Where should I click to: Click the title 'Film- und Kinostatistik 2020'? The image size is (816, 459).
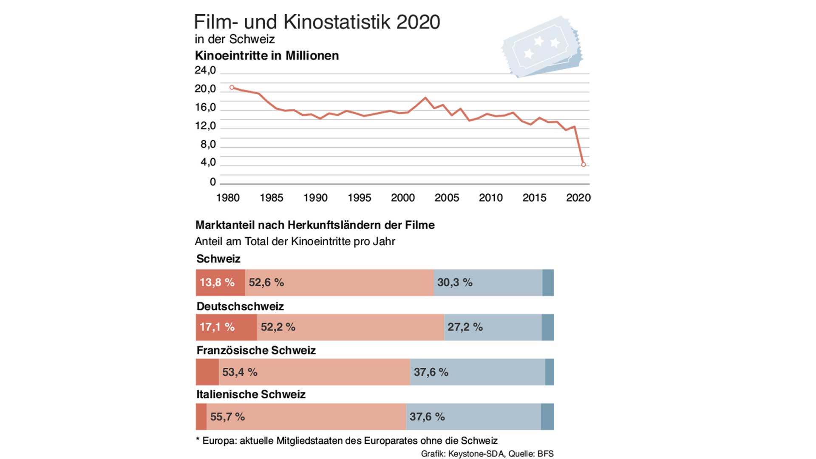coord(317,22)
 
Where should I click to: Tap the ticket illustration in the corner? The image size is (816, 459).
coord(542,47)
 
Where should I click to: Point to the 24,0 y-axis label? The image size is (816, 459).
coord(205,70)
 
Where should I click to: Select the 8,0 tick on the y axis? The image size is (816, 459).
coord(208,144)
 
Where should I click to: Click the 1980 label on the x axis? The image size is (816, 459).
coord(228,198)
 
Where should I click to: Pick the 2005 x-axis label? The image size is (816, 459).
coord(447,198)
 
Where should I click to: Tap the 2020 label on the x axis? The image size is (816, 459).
coord(578,198)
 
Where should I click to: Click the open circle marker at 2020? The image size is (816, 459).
coord(583,164)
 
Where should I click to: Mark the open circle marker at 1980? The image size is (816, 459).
coord(232,88)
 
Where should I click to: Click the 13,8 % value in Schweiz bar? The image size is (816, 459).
coord(217,283)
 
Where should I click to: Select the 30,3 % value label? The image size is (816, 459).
coord(455,283)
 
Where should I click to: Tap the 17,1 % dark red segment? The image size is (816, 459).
coord(226,327)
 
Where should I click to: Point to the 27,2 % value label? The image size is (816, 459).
coord(465,327)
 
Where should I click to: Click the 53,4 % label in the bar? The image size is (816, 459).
coord(240,372)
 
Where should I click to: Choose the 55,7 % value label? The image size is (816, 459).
coord(227,417)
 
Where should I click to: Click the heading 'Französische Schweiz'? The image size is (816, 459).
coord(256,351)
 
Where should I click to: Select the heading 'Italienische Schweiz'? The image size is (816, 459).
coord(251,394)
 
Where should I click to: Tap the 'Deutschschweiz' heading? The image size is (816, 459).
coord(240,306)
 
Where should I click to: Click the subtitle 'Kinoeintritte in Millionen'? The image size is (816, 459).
coord(267,56)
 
